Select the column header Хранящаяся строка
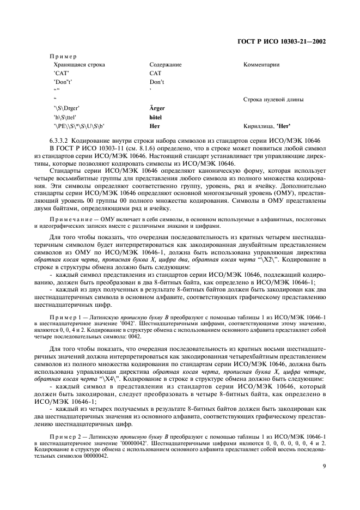(79, 65)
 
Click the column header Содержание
(165, 65)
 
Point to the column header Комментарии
(261, 65)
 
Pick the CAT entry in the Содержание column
(155, 73)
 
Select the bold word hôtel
(156, 117)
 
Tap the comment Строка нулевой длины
(273, 100)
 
